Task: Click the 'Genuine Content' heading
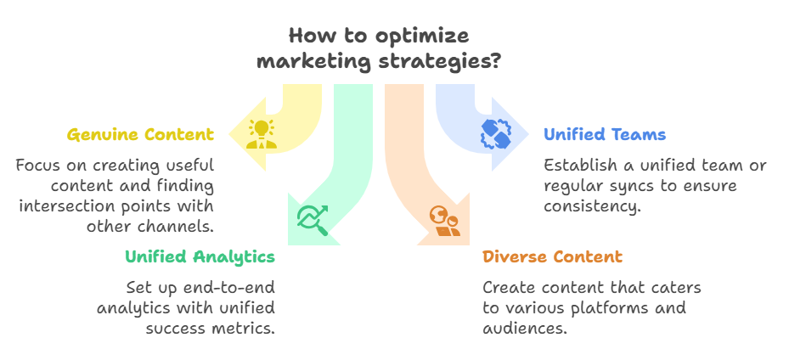pos(140,135)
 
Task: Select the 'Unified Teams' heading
pos(605,135)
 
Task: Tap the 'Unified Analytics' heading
pos(200,256)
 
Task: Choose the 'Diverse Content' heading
pos(553,256)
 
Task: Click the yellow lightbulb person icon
pos(262,134)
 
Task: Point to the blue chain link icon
pos(496,134)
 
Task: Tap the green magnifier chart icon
pos(313,220)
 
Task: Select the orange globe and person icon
pos(445,222)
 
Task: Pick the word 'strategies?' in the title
pos(440,62)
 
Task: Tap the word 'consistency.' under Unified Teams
pos(592,206)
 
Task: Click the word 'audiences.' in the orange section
pos(525,329)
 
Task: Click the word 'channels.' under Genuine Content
pos(172,226)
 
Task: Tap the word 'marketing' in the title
pos(315,62)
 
